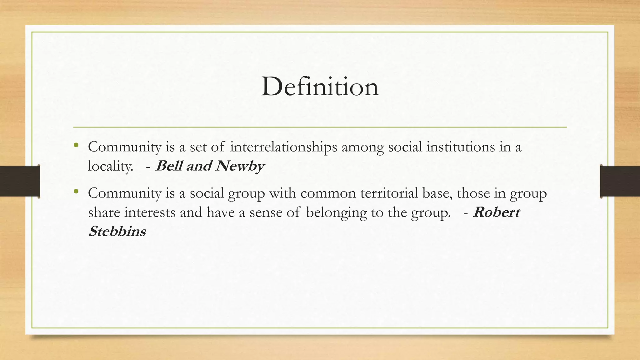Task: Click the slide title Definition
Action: coord(320,87)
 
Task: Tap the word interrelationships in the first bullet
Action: coord(283,147)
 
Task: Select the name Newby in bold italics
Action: coord(240,166)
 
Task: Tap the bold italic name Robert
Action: coord(496,212)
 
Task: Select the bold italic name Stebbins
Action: coord(117,232)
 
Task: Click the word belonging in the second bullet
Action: coord(336,212)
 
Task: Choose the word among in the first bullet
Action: coord(362,147)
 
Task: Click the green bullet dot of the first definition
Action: coord(76,145)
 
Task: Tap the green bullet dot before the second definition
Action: coord(76,191)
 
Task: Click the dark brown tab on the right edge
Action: coord(620,181)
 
